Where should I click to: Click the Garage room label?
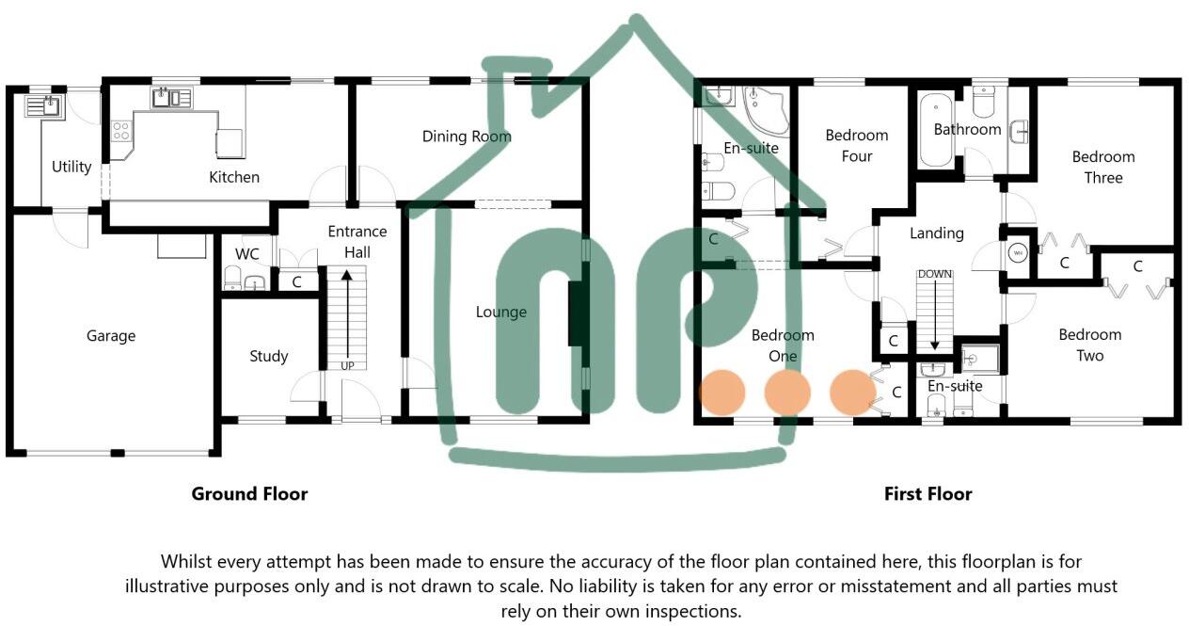pos(111,336)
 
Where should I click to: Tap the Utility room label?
pos(71,167)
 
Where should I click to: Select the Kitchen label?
pos(234,177)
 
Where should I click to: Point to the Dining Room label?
pos(467,136)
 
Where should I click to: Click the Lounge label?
pos(500,312)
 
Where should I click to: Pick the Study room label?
pos(268,356)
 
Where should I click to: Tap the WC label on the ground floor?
pos(246,255)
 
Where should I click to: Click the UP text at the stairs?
pos(347,365)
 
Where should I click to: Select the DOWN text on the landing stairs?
pos(935,274)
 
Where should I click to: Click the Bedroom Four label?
pos(856,146)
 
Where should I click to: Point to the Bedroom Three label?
pos(1103,167)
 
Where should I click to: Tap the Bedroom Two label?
pos(1089,345)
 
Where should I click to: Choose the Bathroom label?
pos(967,129)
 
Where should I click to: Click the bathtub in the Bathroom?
pos(936,132)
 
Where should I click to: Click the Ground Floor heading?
pos(249,493)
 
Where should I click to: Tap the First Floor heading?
pos(927,493)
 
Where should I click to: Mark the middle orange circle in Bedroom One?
pos(787,393)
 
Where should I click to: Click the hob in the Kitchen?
pos(121,131)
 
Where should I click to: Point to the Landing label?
pos(937,233)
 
